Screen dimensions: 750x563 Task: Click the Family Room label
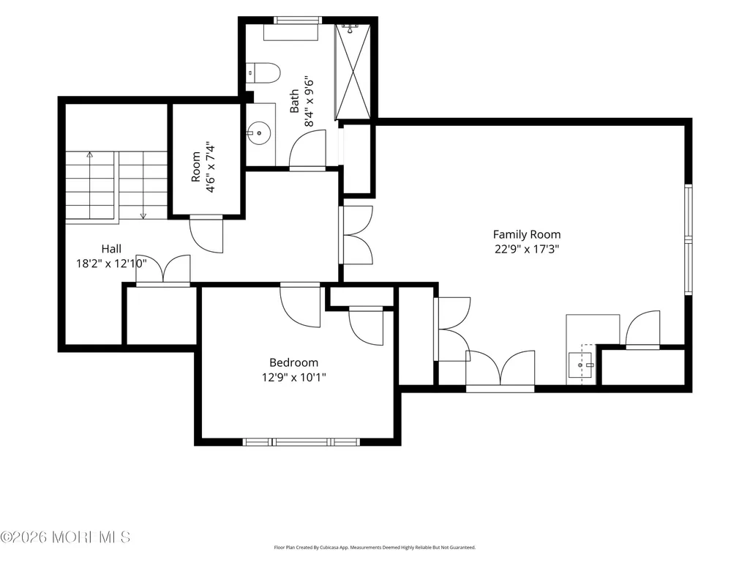pyautogui.click(x=527, y=234)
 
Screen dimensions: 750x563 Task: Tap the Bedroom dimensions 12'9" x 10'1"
pyautogui.click(x=293, y=377)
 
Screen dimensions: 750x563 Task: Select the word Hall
pyautogui.click(x=111, y=248)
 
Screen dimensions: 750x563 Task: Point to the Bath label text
pyautogui.click(x=294, y=101)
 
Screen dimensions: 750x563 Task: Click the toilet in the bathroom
pyautogui.click(x=263, y=72)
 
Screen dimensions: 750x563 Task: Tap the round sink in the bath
pyautogui.click(x=259, y=133)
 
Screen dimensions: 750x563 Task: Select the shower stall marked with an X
pyautogui.click(x=353, y=71)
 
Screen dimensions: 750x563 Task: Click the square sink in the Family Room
pyautogui.click(x=580, y=365)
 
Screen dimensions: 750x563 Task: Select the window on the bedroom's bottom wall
pyautogui.click(x=301, y=442)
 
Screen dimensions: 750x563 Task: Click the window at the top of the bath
pyautogui.click(x=298, y=20)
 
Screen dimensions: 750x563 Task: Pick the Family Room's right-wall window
pyautogui.click(x=689, y=239)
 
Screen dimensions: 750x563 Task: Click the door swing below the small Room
pyautogui.click(x=206, y=234)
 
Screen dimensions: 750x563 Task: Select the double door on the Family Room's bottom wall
pyautogui.click(x=500, y=371)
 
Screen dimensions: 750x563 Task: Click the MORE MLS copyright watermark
pyautogui.click(x=66, y=537)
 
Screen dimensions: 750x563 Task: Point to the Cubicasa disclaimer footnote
pyautogui.click(x=375, y=547)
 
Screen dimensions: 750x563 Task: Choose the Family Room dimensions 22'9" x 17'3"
pyautogui.click(x=527, y=249)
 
